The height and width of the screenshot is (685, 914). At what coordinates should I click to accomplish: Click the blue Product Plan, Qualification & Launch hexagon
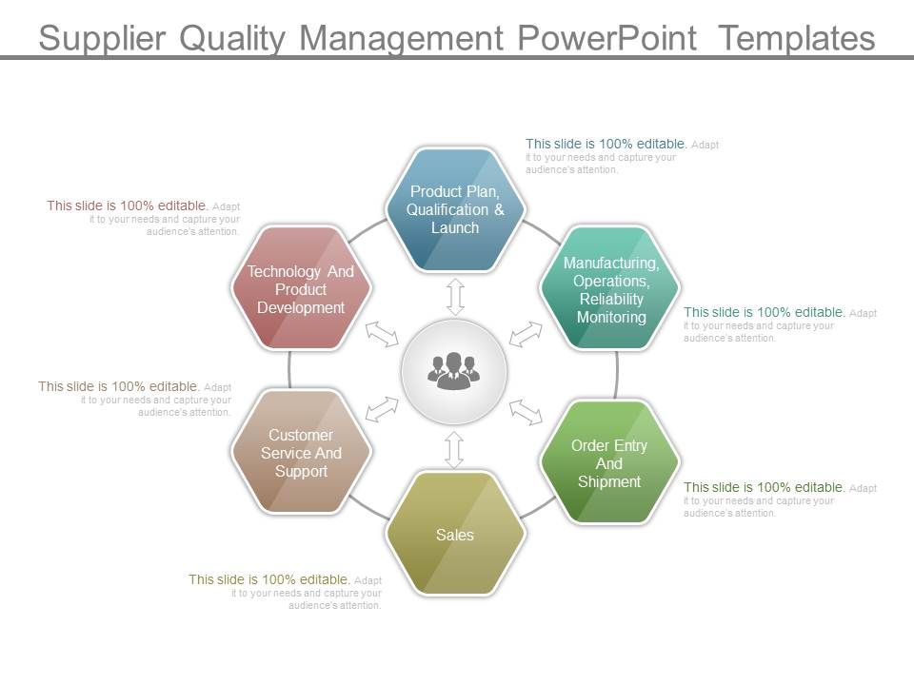point(455,209)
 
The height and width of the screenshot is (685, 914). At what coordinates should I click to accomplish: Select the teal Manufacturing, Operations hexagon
point(610,288)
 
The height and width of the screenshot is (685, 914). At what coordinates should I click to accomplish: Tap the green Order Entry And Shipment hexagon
point(609,462)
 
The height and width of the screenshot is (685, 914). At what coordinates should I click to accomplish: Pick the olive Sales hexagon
point(455,535)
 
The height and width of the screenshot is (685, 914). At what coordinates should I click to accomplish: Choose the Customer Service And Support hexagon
point(301,453)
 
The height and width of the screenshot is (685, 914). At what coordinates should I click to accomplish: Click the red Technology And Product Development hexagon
point(301,288)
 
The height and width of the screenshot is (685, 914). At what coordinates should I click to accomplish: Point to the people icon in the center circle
point(454,371)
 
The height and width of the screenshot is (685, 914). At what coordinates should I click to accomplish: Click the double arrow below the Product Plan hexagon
point(455,297)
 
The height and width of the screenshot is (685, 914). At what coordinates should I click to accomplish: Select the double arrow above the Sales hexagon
point(454,449)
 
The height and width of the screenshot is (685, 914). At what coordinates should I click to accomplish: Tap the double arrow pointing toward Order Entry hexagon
point(526,411)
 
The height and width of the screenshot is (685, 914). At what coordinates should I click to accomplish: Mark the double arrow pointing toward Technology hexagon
point(383,333)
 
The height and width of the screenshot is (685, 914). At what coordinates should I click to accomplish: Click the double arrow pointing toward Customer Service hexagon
point(383,409)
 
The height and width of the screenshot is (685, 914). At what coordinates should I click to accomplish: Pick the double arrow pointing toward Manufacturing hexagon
point(526,334)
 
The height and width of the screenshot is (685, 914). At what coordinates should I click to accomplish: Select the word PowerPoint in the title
point(610,38)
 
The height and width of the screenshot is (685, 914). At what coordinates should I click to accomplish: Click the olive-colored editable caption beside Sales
point(286,591)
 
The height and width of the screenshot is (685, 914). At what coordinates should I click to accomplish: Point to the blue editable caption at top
point(621,156)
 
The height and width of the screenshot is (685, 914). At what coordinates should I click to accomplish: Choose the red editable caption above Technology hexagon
point(143,218)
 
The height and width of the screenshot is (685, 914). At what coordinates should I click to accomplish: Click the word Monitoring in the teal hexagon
point(610,317)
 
